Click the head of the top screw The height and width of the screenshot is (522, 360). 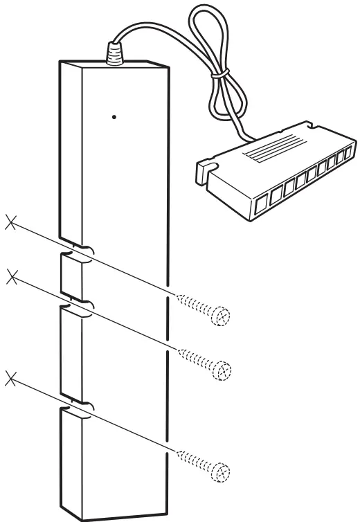[222, 316]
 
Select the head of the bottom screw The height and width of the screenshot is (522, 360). [222, 471]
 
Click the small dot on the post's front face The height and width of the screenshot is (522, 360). [114, 117]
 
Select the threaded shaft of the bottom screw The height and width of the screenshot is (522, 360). [194, 459]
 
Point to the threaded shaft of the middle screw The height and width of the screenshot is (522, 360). [194, 356]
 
